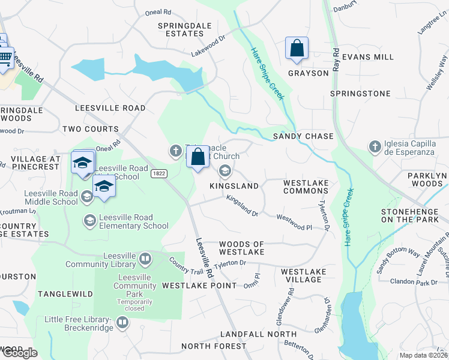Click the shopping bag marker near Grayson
(x=297, y=48)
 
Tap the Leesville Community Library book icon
(x=145, y=259)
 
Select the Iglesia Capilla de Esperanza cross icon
(x=375, y=146)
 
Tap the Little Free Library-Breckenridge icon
(x=122, y=323)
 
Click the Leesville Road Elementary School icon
(x=89, y=221)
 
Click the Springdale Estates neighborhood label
(x=181, y=29)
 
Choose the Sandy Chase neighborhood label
(x=303, y=136)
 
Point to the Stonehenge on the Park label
(x=414, y=215)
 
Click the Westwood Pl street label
(x=294, y=223)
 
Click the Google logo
(x=19, y=353)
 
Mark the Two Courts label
(x=90, y=129)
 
